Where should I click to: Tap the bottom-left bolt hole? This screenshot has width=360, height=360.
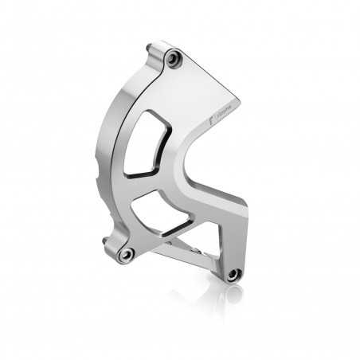pyautogui.click(x=126, y=254)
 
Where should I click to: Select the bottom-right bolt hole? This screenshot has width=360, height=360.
pyautogui.click(x=233, y=274)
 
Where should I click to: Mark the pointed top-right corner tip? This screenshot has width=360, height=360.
pyautogui.click(x=240, y=100)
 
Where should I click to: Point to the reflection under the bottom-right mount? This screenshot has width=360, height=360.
pyautogui.click(x=233, y=293)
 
